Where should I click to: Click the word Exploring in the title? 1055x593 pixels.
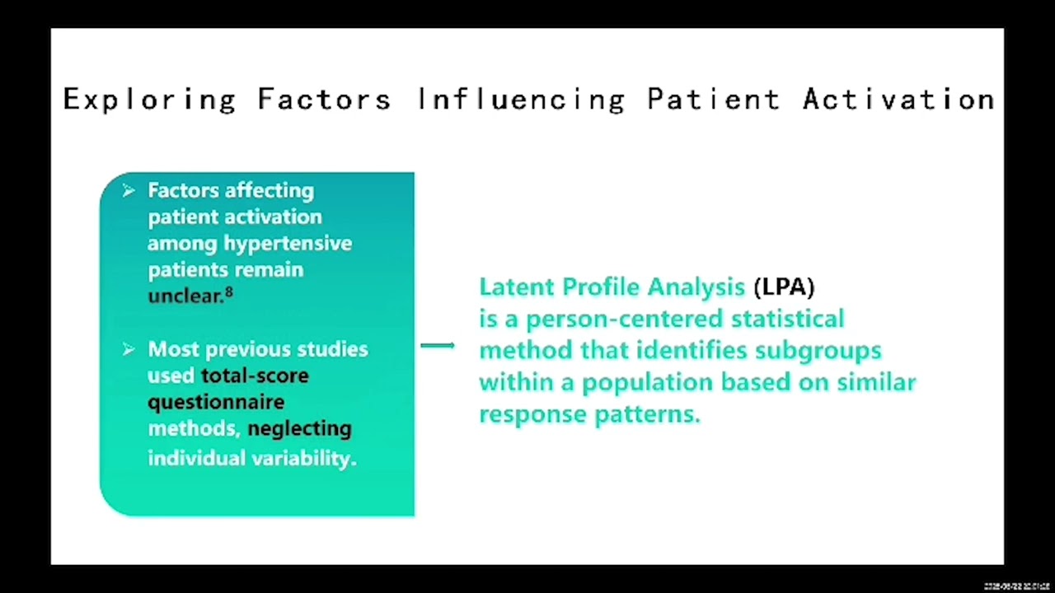coord(149,100)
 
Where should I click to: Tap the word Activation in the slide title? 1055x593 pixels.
coord(898,100)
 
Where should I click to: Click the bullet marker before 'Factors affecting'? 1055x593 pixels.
coord(129,191)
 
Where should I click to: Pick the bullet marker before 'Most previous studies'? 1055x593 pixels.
coord(129,350)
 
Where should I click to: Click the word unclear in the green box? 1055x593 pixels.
coord(185,296)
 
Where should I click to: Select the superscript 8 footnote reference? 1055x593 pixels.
coord(229,292)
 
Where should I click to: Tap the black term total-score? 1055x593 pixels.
coord(255,376)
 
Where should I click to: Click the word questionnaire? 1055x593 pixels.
coord(216,403)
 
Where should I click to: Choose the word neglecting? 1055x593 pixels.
coord(299,429)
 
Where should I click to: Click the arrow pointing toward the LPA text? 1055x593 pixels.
coord(438,346)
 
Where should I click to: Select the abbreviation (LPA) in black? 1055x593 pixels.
coord(783,287)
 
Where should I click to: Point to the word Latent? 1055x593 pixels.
coord(517,287)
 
